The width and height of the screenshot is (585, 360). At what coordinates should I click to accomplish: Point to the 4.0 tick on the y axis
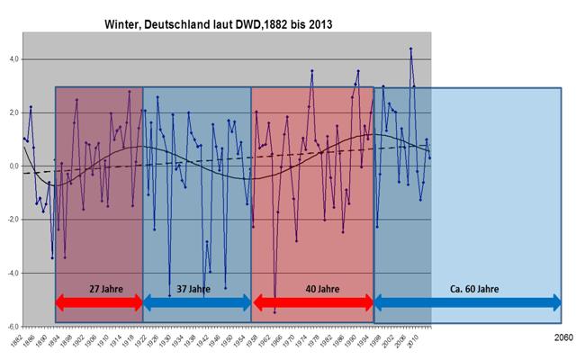[13, 59]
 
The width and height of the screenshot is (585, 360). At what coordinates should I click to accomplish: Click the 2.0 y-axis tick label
[13, 113]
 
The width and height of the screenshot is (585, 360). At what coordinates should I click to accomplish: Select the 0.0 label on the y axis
[13, 166]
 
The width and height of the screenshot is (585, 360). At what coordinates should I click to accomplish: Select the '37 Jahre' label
[196, 290]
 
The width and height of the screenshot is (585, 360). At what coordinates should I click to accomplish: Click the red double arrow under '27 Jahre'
[99, 303]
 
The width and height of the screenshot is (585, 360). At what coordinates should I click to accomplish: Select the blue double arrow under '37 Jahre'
[197, 303]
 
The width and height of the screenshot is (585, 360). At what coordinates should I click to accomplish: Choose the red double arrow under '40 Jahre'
[312, 303]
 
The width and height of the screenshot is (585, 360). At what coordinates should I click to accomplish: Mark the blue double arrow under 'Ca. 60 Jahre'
[468, 303]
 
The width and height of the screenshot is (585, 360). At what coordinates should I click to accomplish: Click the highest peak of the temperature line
[410, 49]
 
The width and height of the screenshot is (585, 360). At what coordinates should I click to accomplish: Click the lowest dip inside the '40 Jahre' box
[274, 312]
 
